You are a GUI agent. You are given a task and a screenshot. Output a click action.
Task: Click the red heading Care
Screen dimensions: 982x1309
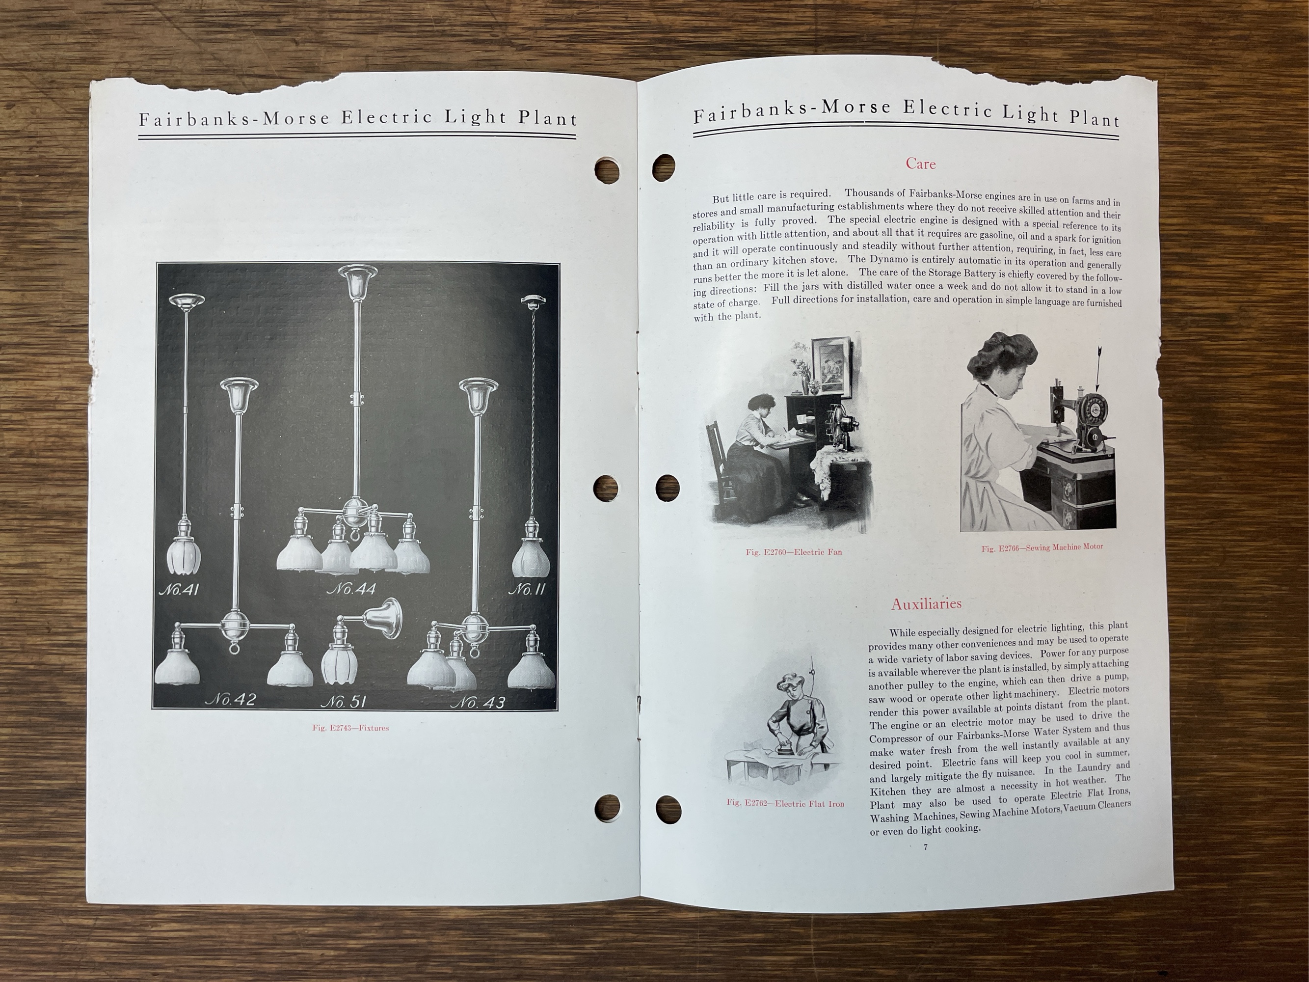pyautogui.click(x=921, y=164)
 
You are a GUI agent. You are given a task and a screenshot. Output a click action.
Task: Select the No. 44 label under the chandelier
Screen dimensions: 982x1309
pyautogui.click(x=351, y=590)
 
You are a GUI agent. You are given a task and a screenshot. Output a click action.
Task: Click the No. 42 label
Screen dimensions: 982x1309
pyautogui.click(x=230, y=700)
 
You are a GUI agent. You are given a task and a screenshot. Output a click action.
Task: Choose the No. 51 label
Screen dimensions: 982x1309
pyautogui.click(x=343, y=702)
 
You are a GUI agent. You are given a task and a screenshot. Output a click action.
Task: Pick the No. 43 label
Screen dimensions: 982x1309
pyautogui.click(x=478, y=703)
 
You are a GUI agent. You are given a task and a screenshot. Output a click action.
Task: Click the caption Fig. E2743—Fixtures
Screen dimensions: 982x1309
pyautogui.click(x=350, y=728)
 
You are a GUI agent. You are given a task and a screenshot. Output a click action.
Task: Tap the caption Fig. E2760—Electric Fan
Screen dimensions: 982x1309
pyautogui.click(x=794, y=552)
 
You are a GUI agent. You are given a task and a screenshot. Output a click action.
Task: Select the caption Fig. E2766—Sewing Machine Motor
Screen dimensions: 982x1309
pyautogui.click(x=1042, y=547)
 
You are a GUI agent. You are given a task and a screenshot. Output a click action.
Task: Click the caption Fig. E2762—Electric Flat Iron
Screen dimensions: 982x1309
pyautogui.click(x=785, y=804)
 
